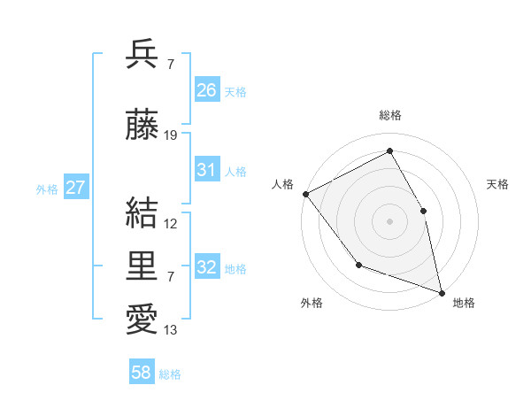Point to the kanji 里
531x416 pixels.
click(142, 265)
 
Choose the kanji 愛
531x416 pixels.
click(142, 319)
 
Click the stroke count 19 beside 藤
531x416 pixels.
click(171, 135)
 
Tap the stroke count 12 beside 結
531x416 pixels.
click(171, 224)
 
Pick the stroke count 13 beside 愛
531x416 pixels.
click(171, 331)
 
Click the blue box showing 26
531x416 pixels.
click(207, 90)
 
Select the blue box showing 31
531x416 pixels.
click(207, 170)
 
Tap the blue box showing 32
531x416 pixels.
click(207, 267)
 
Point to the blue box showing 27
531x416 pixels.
click(75, 188)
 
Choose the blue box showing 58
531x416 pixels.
click(142, 374)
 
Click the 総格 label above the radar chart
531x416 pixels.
click(390, 115)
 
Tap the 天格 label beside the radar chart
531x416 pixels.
click(498, 184)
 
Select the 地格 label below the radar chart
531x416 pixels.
click(464, 303)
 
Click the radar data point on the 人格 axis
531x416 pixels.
click(305, 194)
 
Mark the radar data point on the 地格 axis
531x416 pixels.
click(441, 291)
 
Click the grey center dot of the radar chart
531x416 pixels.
click(389, 221)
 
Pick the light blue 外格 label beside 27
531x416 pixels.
click(47, 189)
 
